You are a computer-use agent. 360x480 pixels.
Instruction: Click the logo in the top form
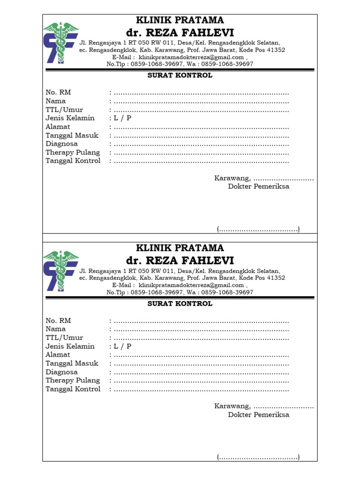click(61, 42)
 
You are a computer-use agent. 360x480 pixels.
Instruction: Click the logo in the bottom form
click(61, 270)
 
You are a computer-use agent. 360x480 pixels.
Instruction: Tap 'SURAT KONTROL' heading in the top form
click(180, 75)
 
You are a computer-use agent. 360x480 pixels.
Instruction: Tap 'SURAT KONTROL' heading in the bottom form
click(180, 304)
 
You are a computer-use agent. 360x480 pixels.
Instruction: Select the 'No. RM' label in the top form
click(58, 92)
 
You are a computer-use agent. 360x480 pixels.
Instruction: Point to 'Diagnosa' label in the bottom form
click(61, 372)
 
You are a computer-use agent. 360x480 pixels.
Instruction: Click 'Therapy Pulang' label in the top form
click(73, 152)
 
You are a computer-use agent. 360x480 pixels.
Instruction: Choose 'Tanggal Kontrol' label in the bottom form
click(73, 389)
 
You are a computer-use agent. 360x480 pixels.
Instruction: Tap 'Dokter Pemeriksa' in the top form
click(259, 187)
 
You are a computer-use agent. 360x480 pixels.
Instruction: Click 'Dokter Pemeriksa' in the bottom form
click(259, 415)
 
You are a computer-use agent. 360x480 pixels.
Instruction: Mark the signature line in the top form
click(258, 229)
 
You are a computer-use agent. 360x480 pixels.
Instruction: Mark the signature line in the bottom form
click(258, 457)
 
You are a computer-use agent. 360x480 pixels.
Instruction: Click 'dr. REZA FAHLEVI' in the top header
click(180, 32)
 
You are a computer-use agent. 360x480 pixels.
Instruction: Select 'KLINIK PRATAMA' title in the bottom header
click(180, 248)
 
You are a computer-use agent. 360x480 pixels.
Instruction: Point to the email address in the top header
click(191, 57)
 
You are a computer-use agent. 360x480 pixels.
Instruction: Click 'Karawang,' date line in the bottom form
click(264, 406)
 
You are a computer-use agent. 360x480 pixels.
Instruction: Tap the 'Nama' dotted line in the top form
click(201, 102)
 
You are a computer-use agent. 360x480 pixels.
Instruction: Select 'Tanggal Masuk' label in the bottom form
click(72, 363)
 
